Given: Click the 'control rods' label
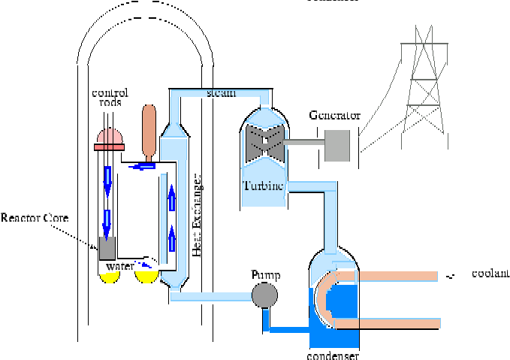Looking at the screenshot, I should point(110,97).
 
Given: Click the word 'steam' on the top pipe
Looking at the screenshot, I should point(221,93).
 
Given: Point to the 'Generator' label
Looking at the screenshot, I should point(334,116).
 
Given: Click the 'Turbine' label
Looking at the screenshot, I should point(263,185).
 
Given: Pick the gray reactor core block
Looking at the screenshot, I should point(108,247).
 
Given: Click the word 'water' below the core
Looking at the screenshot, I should point(120,267).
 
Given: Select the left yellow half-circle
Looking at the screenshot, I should point(109,277).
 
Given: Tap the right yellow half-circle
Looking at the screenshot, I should point(146,277).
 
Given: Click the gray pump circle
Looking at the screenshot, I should point(264,296).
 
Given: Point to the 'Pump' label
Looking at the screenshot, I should point(265,276).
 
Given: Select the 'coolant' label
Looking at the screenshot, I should point(490,273).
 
